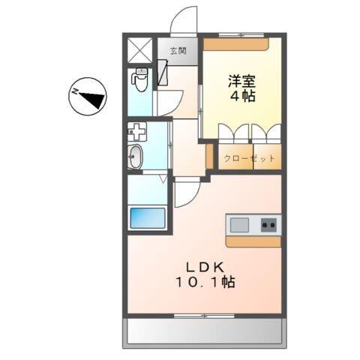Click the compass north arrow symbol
(x=89, y=95)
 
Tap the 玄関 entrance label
(x=178, y=52)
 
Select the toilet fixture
(x=140, y=79)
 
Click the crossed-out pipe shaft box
(x=140, y=50)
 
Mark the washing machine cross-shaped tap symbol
(x=137, y=132)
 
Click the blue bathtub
(x=147, y=218)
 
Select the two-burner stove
(x=268, y=223)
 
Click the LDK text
(x=205, y=265)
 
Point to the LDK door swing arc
(x=186, y=194)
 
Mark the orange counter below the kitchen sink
(x=253, y=241)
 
